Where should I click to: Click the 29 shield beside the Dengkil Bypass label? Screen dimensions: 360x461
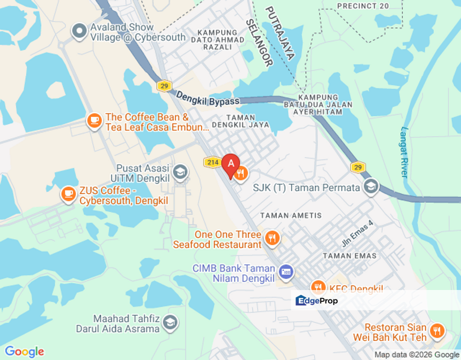click(x=163, y=86)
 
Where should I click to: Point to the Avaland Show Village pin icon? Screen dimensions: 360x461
click(x=79, y=32)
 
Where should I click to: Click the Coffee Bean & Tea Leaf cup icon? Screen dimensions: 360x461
click(x=94, y=120)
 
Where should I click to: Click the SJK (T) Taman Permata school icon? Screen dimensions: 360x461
click(x=370, y=187)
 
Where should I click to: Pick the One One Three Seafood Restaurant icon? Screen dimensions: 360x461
click(x=272, y=238)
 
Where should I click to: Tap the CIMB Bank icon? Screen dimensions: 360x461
click(x=286, y=272)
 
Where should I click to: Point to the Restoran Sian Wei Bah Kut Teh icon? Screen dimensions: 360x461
click(x=437, y=330)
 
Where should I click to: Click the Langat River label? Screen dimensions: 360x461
click(x=404, y=151)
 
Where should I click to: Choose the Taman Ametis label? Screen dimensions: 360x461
click(x=287, y=215)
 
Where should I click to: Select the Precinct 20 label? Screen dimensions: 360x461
click(x=363, y=6)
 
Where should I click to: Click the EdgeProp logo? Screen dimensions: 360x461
click(x=316, y=300)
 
